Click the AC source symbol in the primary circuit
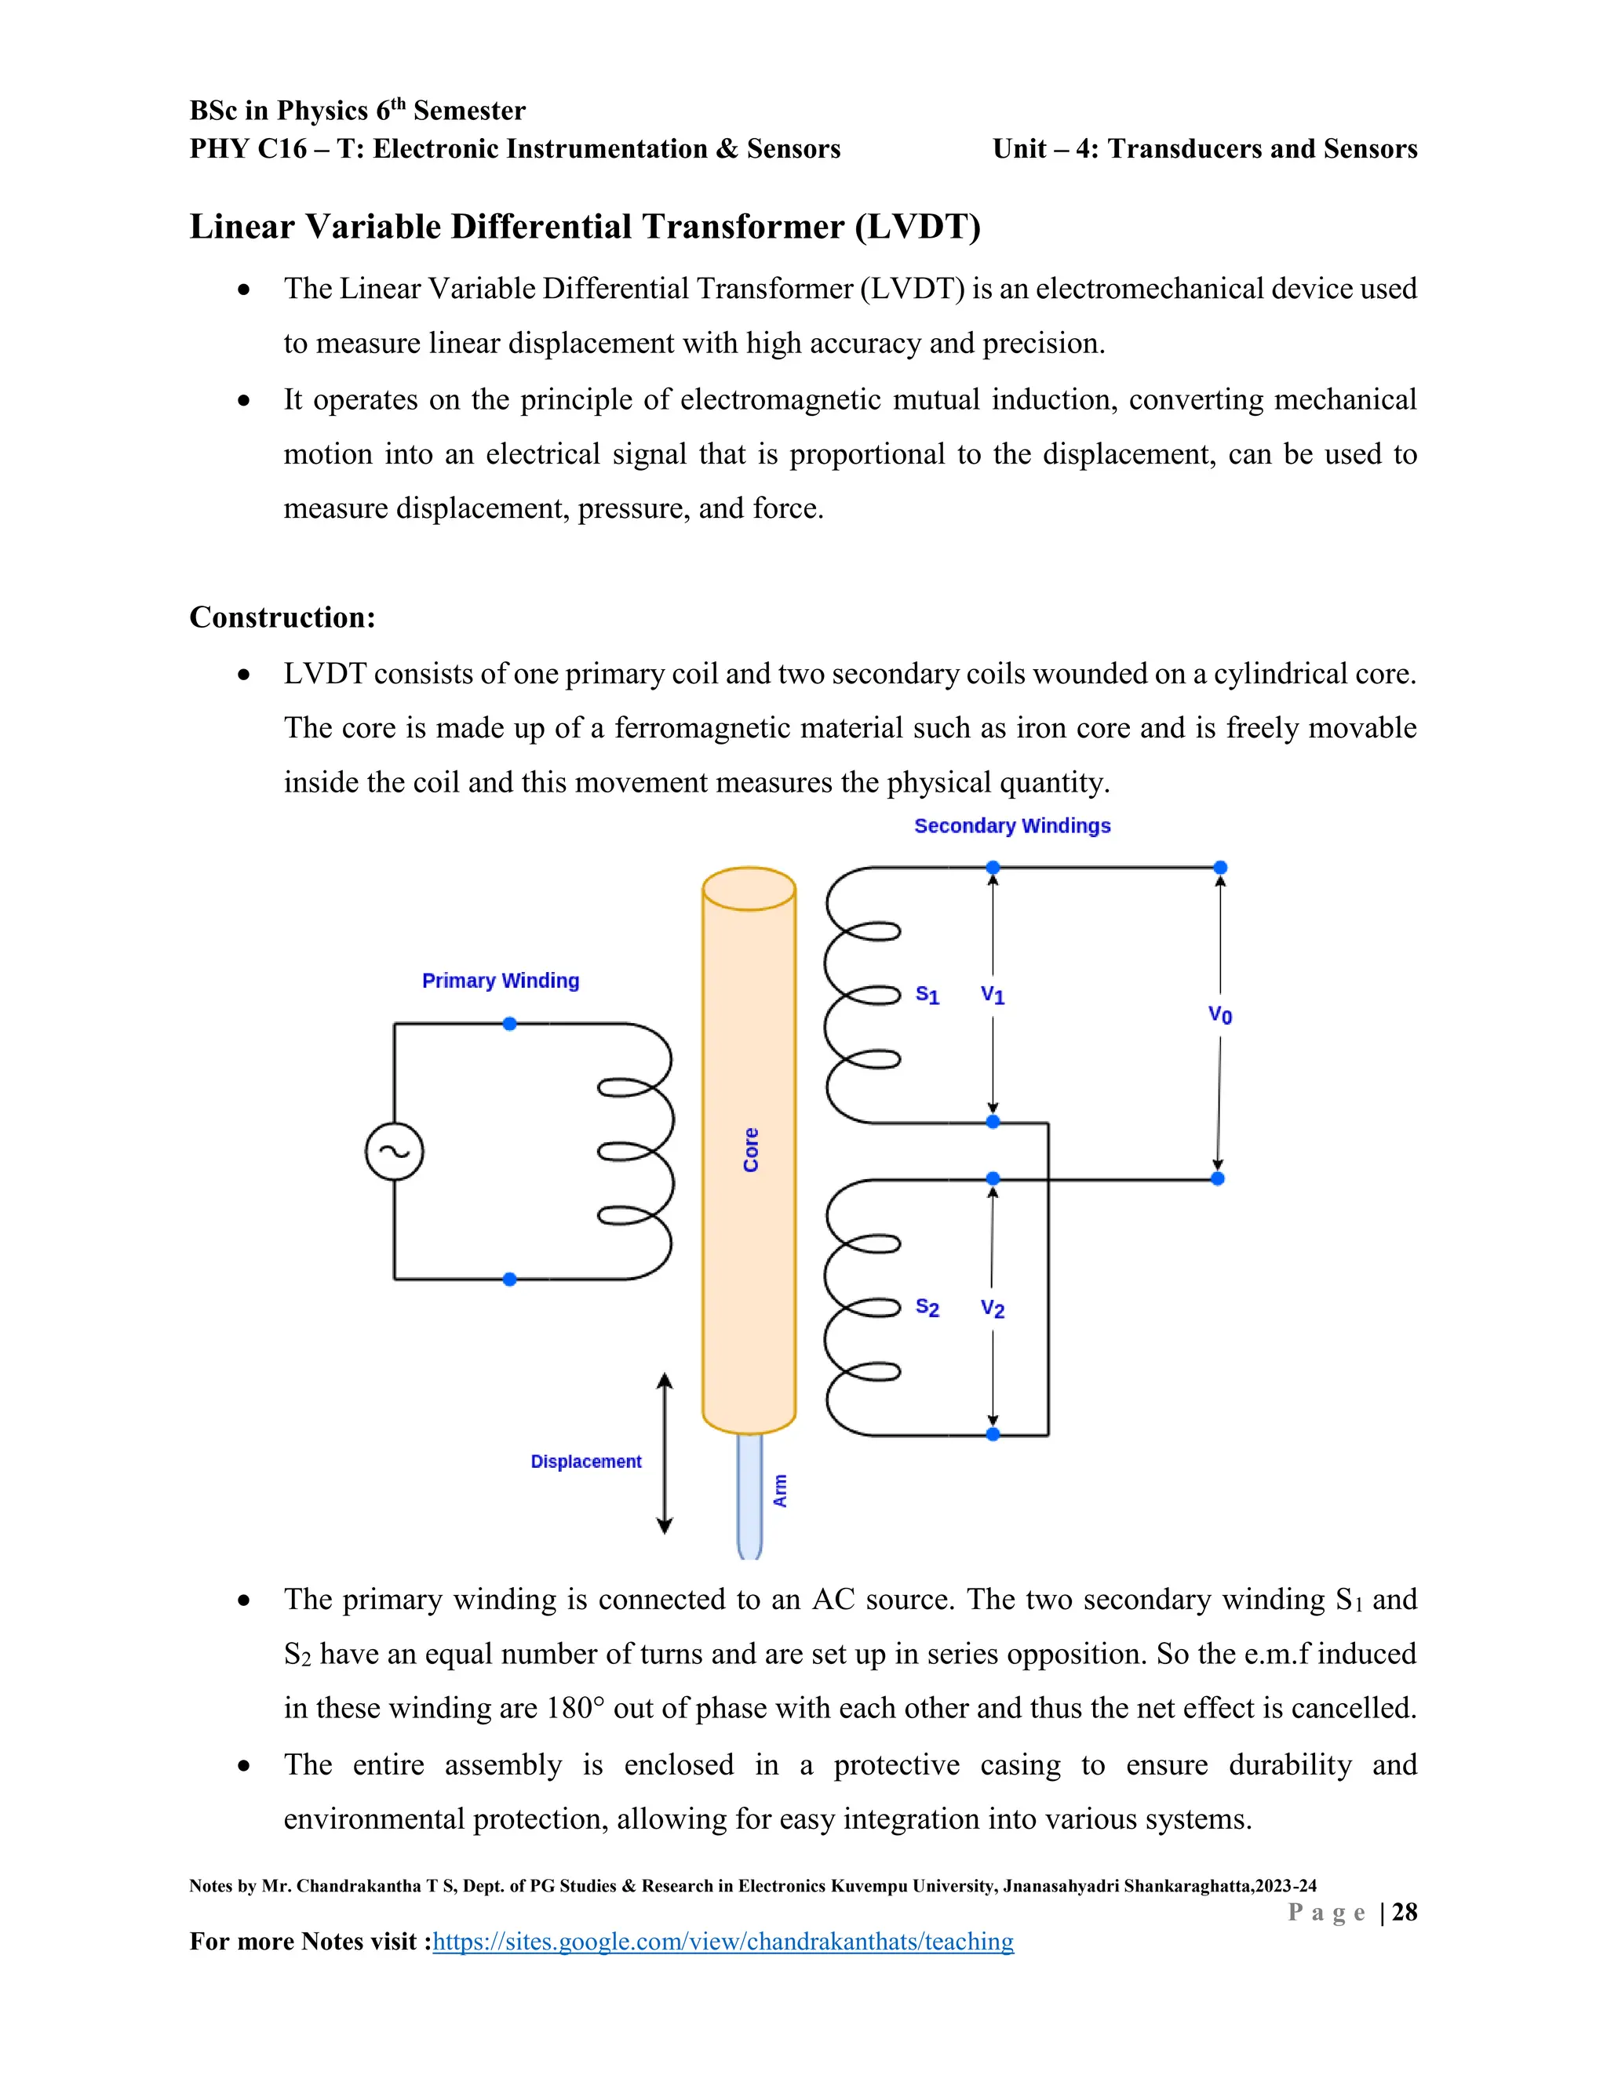click(x=394, y=1151)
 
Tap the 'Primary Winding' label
click(x=501, y=981)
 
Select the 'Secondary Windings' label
click(x=1012, y=825)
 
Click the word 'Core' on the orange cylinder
click(x=751, y=1150)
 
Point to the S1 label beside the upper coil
click(x=927, y=995)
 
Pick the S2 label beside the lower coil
click(x=927, y=1308)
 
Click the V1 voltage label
click(x=993, y=995)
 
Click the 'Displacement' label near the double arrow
click(x=585, y=1462)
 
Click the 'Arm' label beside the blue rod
click(x=781, y=1491)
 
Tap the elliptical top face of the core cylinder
click(x=749, y=889)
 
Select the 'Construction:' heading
click(x=282, y=617)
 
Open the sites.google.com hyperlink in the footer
click(x=723, y=1941)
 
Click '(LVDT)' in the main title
click(x=916, y=227)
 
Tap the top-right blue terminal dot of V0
click(x=1220, y=867)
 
